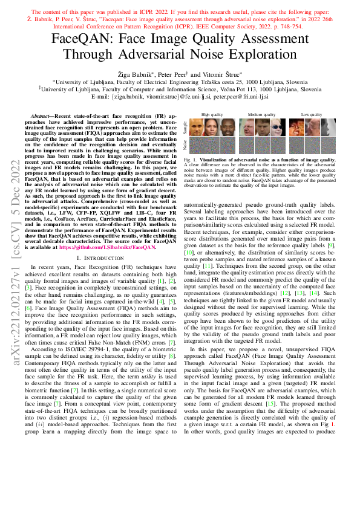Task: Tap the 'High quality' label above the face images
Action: click(212, 114)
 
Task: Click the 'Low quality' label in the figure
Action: click(312, 114)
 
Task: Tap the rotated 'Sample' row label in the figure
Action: click(186, 127)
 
